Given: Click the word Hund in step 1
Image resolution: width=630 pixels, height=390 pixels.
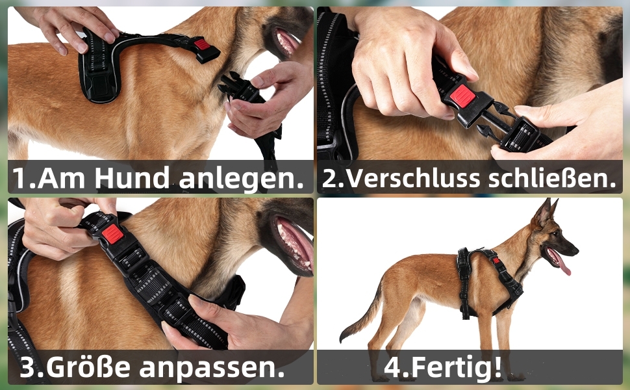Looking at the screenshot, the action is tap(132, 177).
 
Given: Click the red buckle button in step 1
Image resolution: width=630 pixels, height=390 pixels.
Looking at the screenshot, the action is tap(203, 43).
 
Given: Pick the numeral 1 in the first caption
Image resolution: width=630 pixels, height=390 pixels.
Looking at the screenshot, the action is tap(19, 177).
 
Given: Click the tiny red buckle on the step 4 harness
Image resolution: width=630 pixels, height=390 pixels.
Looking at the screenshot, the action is tap(496, 260).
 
